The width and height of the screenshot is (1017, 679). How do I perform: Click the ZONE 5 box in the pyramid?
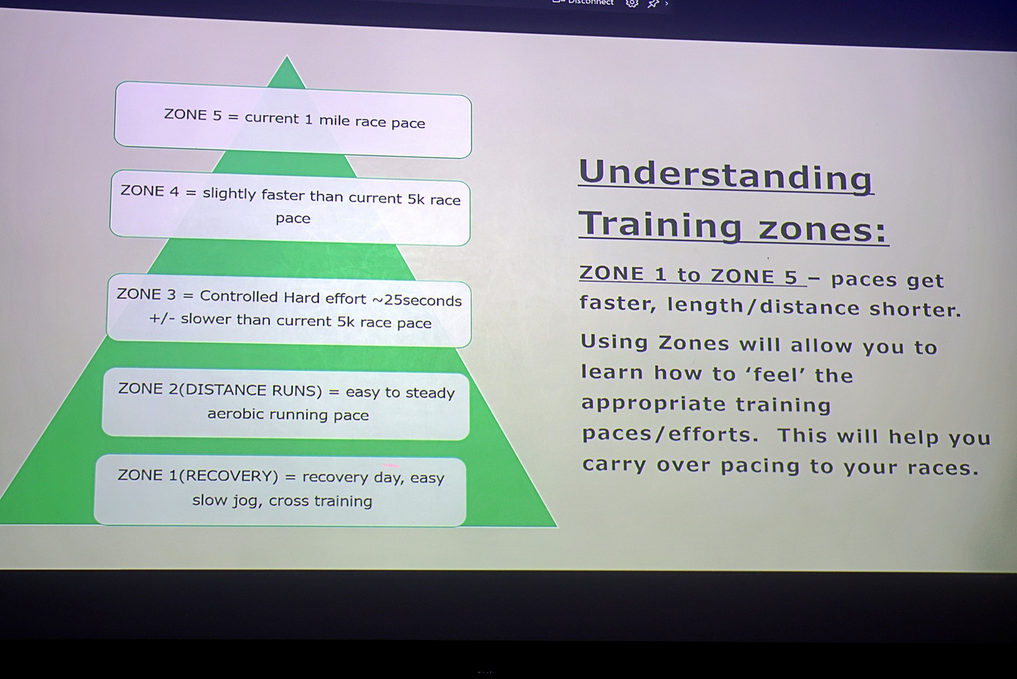click(293, 120)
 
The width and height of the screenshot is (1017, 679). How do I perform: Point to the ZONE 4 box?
click(290, 207)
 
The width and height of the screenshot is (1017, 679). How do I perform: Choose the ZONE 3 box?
click(289, 310)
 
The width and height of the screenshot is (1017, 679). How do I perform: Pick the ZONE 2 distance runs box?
click(285, 403)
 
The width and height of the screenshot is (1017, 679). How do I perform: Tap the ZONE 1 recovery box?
click(280, 490)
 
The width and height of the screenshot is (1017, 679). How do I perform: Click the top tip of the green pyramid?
click(287, 56)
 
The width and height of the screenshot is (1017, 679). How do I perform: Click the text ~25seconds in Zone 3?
click(417, 300)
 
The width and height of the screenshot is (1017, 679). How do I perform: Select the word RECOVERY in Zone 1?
click(231, 476)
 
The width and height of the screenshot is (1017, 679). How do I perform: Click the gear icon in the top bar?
click(632, 4)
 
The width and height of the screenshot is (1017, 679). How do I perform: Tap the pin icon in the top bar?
click(653, 4)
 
